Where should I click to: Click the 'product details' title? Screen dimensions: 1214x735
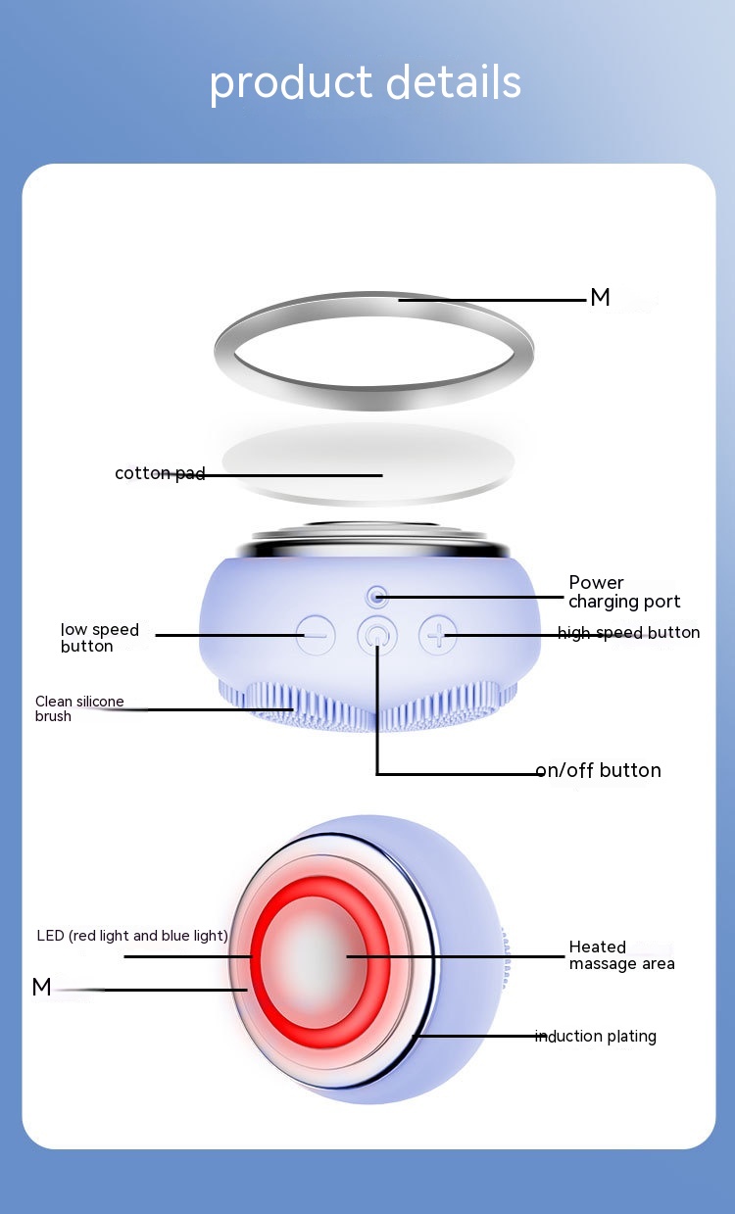pos(365,83)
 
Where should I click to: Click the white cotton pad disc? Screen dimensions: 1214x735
pos(367,459)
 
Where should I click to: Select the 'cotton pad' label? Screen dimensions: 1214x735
pos(160,474)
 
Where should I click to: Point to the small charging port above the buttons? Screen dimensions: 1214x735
pos(376,596)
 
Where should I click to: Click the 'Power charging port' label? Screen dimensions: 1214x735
pos(624,592)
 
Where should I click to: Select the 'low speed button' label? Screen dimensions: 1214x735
pos(100,638)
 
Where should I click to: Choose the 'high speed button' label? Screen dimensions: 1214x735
pos(628,633)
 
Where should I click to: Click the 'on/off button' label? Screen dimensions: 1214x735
pos(598,770)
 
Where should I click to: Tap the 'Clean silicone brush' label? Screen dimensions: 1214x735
pos(79,708)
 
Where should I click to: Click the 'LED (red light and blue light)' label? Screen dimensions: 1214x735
pos(132,936)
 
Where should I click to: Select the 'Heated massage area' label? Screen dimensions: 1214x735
pos(621,955)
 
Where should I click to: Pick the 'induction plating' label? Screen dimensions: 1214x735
pos(596,1037)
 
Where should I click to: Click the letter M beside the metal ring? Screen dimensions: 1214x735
pos(600,299)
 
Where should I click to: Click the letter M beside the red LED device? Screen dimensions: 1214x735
pos(41,988)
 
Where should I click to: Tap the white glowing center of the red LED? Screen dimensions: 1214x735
pos(316,955)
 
